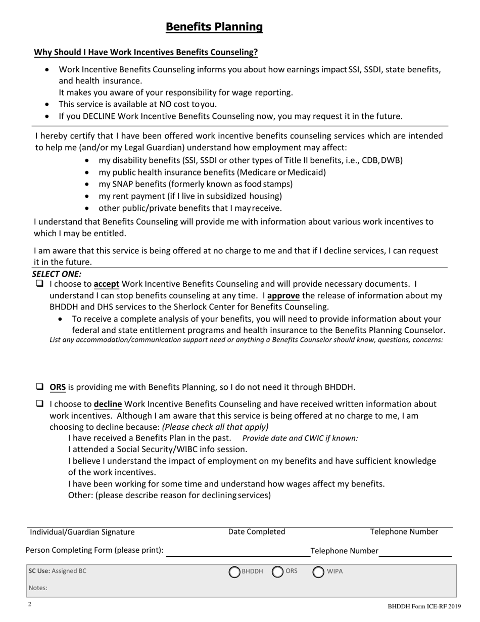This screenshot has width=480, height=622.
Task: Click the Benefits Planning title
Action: coord(214,27)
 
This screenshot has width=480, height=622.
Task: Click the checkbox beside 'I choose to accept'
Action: coord(39,284)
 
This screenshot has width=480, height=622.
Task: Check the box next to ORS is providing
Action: coord(39,387)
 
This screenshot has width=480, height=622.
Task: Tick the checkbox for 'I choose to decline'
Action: coord(39,404)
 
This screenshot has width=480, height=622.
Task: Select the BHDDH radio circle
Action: coord(234,572)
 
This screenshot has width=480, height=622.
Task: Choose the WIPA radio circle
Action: coord(318,572)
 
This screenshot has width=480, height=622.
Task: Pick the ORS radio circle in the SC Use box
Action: coord(278,572)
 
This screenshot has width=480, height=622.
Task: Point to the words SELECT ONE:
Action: coord(57,274)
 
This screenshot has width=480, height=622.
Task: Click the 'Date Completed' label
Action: coord(257,531)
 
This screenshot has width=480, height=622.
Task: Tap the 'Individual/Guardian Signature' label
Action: coord(82,532)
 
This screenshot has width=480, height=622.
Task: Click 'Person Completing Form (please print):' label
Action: coord(94,550)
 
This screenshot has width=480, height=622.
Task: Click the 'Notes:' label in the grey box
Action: coord(38,588)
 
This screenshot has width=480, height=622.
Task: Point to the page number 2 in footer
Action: coord(30,604)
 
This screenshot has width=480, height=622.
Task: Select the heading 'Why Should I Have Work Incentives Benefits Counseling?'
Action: coord(146,52)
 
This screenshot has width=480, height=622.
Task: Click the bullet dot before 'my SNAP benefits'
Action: coord(88,185)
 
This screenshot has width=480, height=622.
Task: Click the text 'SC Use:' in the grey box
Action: coord(39,571)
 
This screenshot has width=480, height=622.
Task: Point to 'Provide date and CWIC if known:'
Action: coord(300,438)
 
